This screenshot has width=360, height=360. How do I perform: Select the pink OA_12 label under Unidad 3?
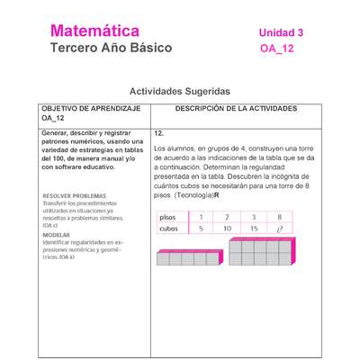pyautogui.click(x=276, y=49)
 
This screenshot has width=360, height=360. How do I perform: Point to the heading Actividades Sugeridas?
pyautogui.click(x=180, y=91)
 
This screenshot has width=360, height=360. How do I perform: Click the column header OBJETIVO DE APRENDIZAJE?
pyautogui.click(x=90, y=108)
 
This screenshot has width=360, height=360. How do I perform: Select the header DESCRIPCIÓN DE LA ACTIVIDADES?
pyautogui.click(x=236, y=108)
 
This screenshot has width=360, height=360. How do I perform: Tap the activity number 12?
pyautogui.click(x=158, y=132)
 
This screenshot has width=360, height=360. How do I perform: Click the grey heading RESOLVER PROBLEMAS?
pyautogui.click(x=74, y=195)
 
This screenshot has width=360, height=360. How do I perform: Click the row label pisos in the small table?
pyautogui.click(x=168, y=217)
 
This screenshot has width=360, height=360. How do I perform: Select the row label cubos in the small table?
pyautogui.click(x=169, y=229)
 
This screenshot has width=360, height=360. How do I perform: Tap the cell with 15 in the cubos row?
pyautogui.click(x=254, y=229)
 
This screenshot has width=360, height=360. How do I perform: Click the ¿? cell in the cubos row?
pyautogui.click(x=280, y=229)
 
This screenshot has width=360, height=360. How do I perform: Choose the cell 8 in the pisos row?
pyautogui.click(x=280, y=217)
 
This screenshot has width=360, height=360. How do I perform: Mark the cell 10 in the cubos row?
pyautogui.click(x=227, y=229)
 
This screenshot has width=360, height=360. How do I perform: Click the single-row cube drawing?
pyautogui.click(x=188, y=258)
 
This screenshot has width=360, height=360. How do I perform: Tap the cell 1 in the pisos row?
pyautogui.click(x=201, y=217)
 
